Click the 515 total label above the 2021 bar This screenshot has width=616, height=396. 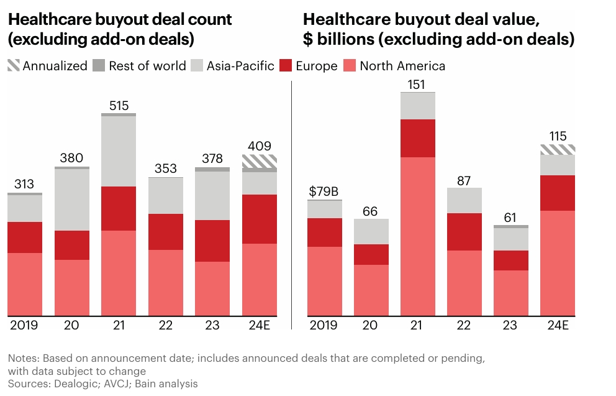click(119, 105)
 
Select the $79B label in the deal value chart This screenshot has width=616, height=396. click(324, 191)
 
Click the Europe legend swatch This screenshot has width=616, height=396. click(286, 65)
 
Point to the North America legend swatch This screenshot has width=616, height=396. click(350, 65)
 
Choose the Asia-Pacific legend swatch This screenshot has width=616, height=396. click(197, 65)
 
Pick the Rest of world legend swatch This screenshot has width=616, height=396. click(99, 65)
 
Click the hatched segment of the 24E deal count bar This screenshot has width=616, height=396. click(259, 162)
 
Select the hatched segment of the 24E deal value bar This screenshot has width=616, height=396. click(558, 149)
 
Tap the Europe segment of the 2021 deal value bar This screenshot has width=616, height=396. click(418, 138)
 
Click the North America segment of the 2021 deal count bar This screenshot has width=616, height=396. click(119, 272)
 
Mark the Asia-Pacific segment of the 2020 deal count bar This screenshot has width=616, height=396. click(72, 199)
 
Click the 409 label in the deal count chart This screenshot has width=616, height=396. click(259, 147)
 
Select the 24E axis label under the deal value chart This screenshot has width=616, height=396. click(558, 325)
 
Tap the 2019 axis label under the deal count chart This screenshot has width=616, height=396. click(25, 325)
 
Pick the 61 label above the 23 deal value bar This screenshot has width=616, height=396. click(511, 217)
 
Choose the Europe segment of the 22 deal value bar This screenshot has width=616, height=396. click(464, 231)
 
